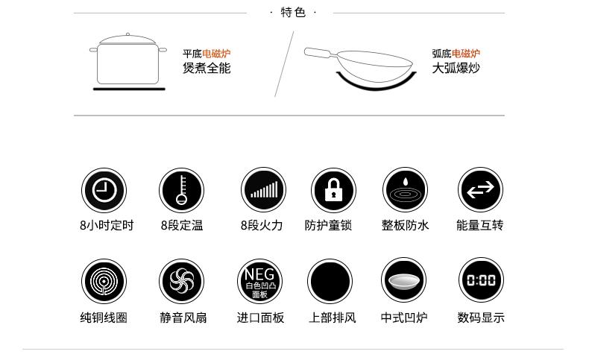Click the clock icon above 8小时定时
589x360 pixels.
[x=104, y=190]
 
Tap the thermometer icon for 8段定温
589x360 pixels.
[x=181, y=190]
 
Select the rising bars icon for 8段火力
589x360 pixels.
[x=263, y=190]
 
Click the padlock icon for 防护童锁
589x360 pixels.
[x=333, y=190]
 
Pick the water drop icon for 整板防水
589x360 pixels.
[x=405, y=190]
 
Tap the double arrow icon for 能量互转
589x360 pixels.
[x=480, y=190]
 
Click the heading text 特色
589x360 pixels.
[x=293, y=13]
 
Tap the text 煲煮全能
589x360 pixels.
[x=207, y=68]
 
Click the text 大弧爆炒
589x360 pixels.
[x=456, y=68]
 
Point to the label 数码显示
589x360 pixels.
[x=481, y=318]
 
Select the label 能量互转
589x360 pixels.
[x=480, y=225]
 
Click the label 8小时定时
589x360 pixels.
[x=106, y=225]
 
